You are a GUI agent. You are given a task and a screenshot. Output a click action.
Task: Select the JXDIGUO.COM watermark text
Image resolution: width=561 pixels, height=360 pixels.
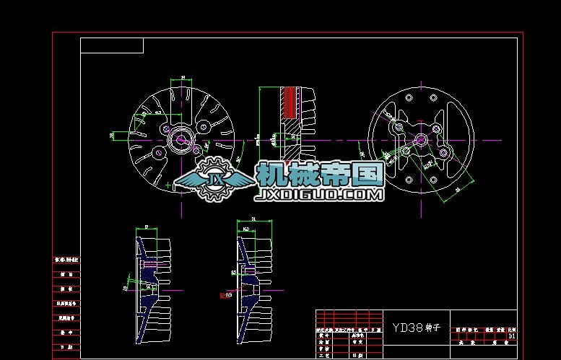tap(319, 195)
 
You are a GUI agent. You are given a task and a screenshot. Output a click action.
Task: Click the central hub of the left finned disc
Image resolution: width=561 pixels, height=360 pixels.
tap(181, 138)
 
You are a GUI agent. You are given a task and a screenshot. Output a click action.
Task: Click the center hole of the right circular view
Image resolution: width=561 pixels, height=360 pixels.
tap(422, 140)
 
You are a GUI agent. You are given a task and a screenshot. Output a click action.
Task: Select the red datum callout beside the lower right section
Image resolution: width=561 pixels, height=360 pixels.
tap(226, 294)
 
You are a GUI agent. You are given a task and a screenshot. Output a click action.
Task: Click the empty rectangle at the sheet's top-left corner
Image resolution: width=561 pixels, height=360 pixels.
tap(112, 46)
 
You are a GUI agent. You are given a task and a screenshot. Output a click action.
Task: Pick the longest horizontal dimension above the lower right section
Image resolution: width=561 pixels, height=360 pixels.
tap(253, 219)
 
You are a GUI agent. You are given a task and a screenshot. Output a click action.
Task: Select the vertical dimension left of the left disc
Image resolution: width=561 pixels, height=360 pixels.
tap(112, 135)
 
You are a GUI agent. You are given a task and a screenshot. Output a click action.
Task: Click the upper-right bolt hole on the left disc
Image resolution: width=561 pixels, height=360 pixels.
tap(203, 126)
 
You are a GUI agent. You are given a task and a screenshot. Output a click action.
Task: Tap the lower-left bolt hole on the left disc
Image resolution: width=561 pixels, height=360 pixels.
tap(157, 152)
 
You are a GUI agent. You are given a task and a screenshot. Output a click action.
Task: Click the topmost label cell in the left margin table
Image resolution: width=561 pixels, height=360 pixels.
tap(66, 259)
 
